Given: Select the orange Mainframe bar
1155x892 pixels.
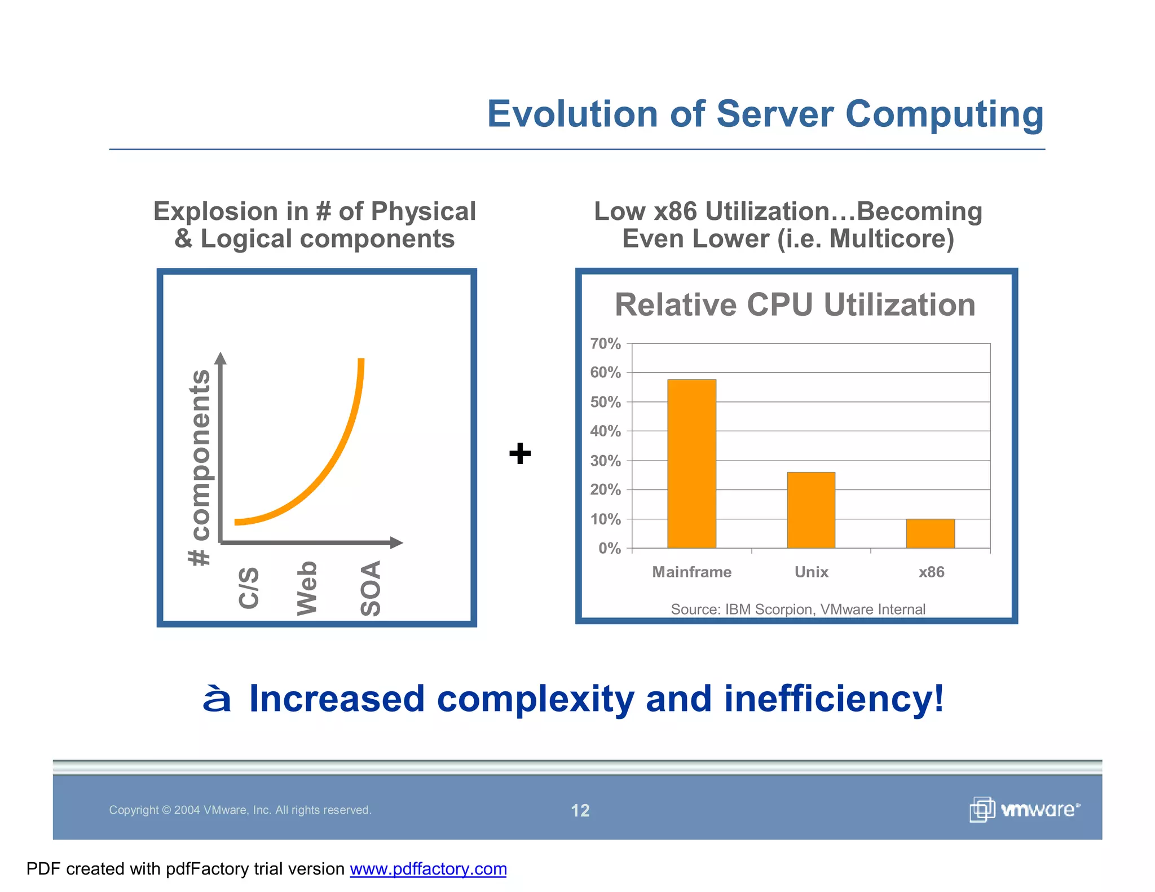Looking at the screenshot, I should click(691, 463).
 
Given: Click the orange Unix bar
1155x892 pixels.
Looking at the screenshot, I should click(811, 510).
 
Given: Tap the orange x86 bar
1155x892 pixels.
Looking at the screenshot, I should click(931, 533).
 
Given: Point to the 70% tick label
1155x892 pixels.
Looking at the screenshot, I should click(605, 343).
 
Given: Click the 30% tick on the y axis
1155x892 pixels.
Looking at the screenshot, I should click(605, 461).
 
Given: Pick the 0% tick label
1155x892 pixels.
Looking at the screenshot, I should click(609, 548).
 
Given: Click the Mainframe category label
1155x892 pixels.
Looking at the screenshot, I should click(691, 572).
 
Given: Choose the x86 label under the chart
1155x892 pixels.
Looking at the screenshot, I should click(931, 572).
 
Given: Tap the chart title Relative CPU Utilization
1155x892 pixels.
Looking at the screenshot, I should click(795, 305).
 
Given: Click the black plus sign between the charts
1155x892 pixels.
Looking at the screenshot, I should click(519, 453).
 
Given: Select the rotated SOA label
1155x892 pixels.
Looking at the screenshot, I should click(371, 588).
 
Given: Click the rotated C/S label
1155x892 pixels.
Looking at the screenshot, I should click(249, 588).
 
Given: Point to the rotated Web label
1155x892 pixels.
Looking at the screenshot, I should click(307, 588).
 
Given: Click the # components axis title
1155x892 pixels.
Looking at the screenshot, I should click(199, 467).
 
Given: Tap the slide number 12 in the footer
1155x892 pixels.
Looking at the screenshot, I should click(580, 810).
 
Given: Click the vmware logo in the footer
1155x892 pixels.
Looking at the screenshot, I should click(1024, 810).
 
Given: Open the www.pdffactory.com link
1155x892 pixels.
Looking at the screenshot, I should click(428, 869).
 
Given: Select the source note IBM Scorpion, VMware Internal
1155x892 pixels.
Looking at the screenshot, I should click(797, 609).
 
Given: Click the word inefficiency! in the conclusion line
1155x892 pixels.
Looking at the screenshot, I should click(833, 698).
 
